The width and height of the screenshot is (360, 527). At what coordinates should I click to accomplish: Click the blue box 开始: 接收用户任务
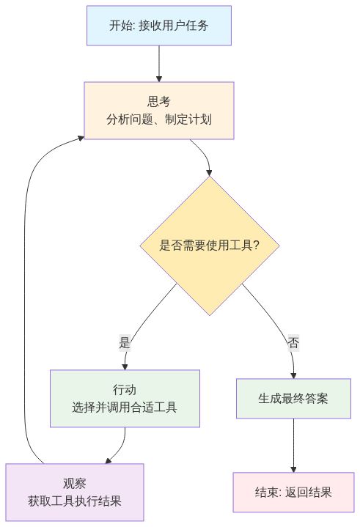pyautogui.click(x=159, y=26)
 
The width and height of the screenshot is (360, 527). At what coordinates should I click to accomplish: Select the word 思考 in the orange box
pyautogui.click(x=159, y=102)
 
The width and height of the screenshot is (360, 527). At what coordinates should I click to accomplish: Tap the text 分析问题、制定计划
pyautogui.click(x=159, y=119)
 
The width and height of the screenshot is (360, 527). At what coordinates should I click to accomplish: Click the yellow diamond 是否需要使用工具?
pyautogui.click(x=210, y=246)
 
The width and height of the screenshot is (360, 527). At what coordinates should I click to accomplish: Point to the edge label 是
pyautogui.click(x=125, y=342)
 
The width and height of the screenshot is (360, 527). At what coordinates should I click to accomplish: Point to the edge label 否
pyautogui.click(x=293, y=342)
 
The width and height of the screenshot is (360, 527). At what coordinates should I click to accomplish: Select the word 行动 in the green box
pyautogui.click(x=125, y=390)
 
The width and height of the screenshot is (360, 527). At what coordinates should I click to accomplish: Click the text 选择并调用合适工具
pyautogui.click(x=125, y=407)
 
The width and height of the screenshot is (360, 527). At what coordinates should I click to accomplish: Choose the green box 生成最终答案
pyautogui.click(x=293, y=399)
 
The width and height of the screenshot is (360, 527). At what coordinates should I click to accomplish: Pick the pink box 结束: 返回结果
pyautogui.click(x=293, y=492)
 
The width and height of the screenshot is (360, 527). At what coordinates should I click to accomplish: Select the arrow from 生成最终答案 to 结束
pyautogui.click(x=293, y=445)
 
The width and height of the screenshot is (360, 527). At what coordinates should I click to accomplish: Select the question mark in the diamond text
pyautogui.click(x=256, y=246)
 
